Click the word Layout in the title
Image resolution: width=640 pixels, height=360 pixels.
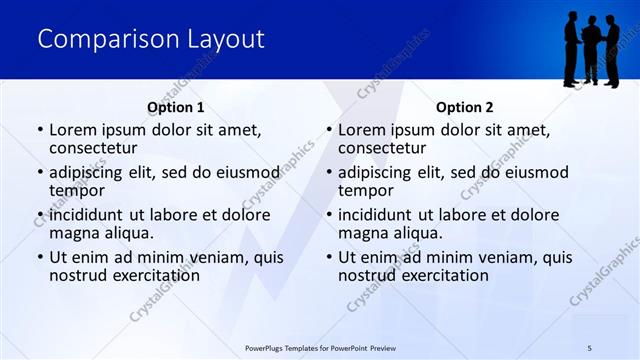[225, 40]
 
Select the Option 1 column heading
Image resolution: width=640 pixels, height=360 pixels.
[175, 107]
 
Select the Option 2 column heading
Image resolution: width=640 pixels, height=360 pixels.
[464, 107]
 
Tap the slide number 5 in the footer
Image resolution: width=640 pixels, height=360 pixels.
[589, 347]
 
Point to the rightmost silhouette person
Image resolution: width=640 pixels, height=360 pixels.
[612, 50]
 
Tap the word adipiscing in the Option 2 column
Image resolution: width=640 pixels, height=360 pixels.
[377, 172]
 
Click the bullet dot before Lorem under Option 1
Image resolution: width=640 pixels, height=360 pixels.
[40, 131]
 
